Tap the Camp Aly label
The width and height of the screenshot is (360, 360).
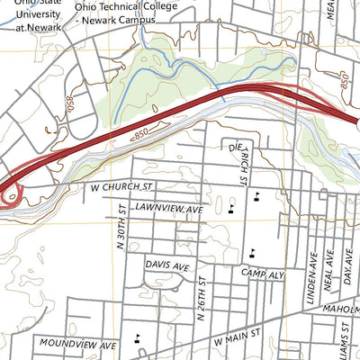[261, 271]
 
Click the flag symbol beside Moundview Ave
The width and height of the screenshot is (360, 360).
[137, 339]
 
